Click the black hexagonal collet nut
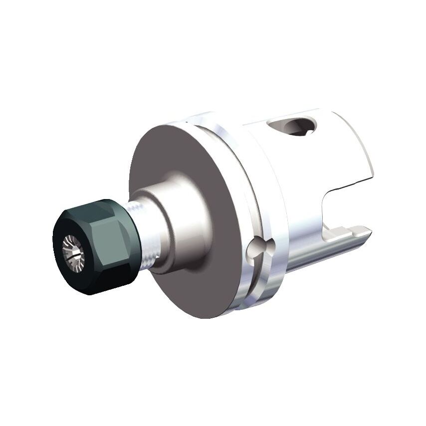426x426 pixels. click(95, 244)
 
